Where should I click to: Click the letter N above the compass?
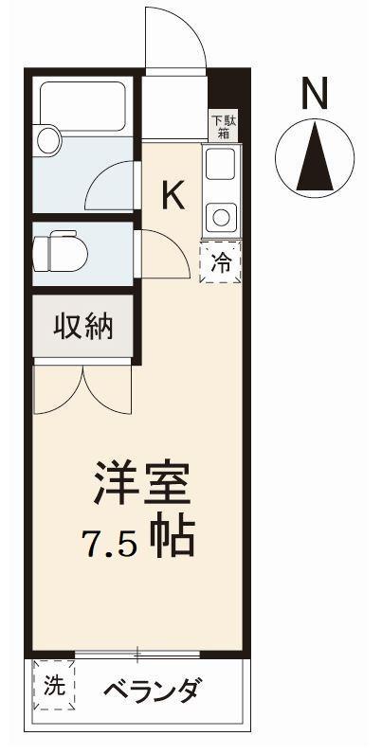315,93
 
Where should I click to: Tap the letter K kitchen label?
173,194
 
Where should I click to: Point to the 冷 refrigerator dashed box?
219,262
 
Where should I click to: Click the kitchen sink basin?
220,169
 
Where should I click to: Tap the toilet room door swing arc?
163,254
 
